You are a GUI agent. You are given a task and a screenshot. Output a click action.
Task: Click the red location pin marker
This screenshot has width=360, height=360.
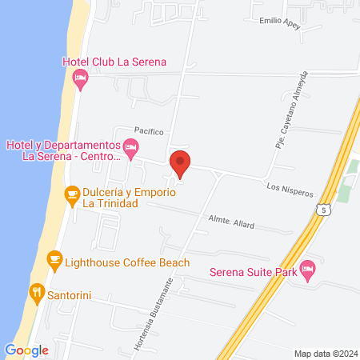(181, 164)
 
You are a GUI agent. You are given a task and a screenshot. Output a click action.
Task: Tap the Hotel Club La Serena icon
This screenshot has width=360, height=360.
(79, 77)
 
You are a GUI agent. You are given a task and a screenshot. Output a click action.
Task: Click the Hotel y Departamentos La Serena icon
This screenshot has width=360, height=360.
(132, 146)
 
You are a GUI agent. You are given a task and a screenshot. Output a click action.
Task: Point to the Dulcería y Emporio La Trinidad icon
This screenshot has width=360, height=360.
(72, 193)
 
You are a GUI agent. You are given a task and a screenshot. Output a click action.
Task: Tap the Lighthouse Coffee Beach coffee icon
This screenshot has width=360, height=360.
(54, 258)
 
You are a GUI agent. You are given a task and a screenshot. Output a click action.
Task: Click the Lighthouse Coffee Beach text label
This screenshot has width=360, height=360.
(128, 262)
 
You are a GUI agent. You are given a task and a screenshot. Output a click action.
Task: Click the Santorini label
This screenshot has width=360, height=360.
(73, 295)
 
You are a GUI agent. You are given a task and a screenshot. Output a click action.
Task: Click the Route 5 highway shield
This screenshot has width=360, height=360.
(322, 210)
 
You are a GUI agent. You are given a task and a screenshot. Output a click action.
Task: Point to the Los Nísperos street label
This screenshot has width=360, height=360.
(290, 192)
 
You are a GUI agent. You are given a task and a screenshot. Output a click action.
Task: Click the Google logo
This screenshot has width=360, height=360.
(27, 350)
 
